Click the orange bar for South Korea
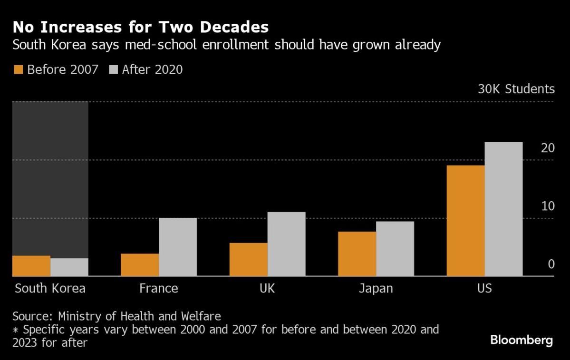(x=31, y=266)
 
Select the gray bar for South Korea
(x=69, y=267)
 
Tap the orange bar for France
(x=140, y=265)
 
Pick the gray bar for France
(x=178, y=247)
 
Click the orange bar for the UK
(x=248, y=259)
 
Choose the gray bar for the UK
(x=286, y=244)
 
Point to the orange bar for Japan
(x=357, y=254)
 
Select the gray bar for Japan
(x=395, y=249)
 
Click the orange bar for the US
(x=465, y=221)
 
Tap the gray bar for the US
(x=503, y=209)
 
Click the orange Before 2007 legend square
(x=18, y=69)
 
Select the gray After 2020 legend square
(x=113, y=69)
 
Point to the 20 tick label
(x=548, y=148)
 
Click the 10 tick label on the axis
(x=548, y=206)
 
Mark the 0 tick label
(x=551, y=264)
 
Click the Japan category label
(x=376, y=288)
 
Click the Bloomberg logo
(x=522, y=340)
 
